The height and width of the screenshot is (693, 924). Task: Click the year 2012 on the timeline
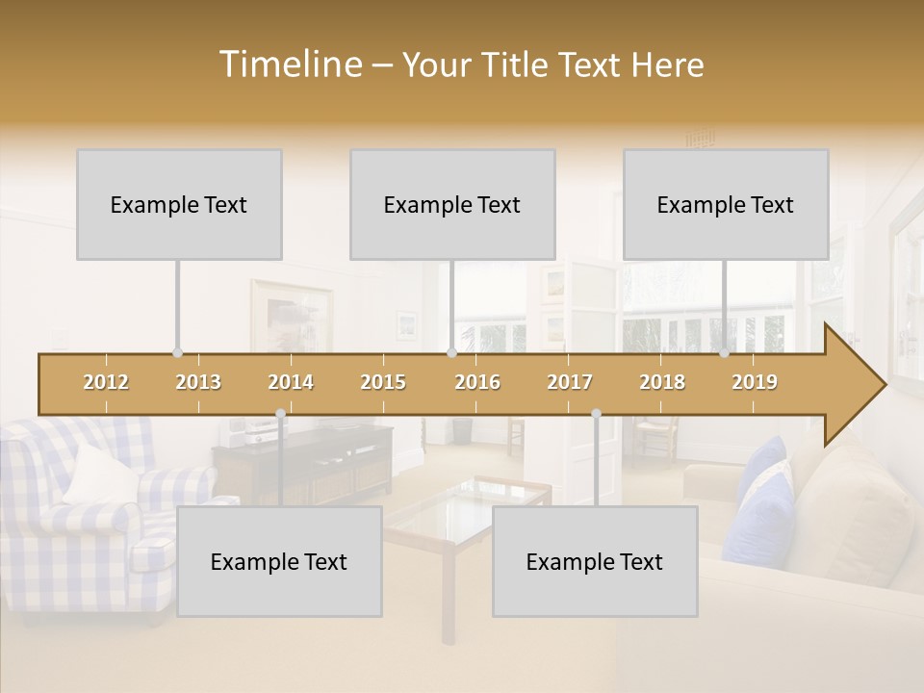pyautogui.click(x=106, y=382)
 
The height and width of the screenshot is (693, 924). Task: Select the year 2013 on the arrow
pyautogui.click(x=198, y=382)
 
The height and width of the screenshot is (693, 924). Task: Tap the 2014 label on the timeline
pyautogui.click(x=291, y=382)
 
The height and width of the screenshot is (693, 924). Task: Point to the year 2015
pyautogui.click(x=383, y=382)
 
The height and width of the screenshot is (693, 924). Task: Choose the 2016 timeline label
pyautogui.click(x=477, y=382)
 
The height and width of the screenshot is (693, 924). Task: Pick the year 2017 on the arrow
pyautogui.click(x=570, y=382)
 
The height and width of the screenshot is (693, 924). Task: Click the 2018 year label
pyautogui.click(x=662, y=382)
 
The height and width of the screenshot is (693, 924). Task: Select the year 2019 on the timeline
pyautogui.click(x=755, y=382)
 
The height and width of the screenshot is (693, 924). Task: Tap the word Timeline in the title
pyautogui.click(x=289, y=64)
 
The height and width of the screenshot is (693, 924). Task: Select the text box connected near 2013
pyautogui.click(x=179, y=204)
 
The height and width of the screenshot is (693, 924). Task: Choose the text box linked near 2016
pyautogui.click(x=452, y=204)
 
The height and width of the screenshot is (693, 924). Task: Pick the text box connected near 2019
pyautogui.click(x=726, y=204)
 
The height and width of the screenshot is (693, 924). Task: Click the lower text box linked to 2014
pyautogui.click(x=279, y=561)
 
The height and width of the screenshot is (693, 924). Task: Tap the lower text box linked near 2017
pyautogui.click(x=595, y=561)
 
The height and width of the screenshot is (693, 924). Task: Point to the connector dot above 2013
pyautogui.click(x=177, y=353)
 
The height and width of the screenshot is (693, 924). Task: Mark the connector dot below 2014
pyautogui.click(x=280, y=414)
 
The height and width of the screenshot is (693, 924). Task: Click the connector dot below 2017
pyautogui.click(x=596, y=414)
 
